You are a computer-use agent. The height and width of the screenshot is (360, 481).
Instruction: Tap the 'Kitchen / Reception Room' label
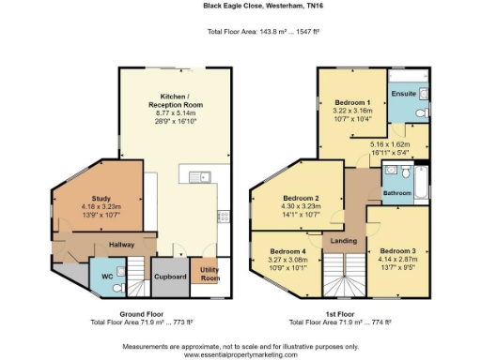coord(175,101)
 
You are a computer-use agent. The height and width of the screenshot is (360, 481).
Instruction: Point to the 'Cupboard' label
coord(169,277)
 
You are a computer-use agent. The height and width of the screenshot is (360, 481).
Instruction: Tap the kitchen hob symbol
coord(224,217)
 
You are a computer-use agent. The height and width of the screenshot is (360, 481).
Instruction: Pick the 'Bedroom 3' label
coord(398,251)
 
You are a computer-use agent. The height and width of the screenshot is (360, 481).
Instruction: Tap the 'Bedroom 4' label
coord(287,251)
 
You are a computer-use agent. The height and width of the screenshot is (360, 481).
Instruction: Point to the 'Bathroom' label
coord(396,192)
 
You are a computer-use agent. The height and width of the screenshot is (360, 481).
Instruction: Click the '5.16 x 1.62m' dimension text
coord(380,142)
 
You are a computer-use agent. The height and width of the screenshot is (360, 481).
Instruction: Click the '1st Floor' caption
coord(353,314)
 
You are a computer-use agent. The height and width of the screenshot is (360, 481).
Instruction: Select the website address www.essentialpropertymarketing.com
coord(240,354)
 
